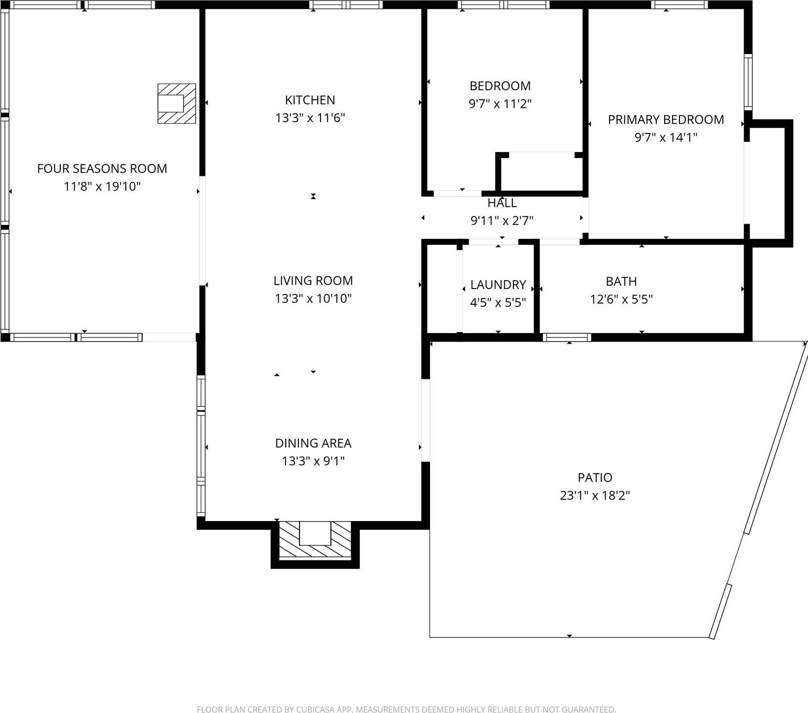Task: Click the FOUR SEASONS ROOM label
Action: (102, 169)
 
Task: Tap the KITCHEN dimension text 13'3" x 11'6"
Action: (310, 118)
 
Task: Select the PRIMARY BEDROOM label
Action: (666, 120)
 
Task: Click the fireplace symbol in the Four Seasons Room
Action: (176, 104)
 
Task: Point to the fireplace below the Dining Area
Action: (315, 540)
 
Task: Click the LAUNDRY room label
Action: (498, 285)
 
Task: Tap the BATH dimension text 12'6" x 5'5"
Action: (621, 299)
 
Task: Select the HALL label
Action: (502, 203)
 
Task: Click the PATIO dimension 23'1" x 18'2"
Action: (594, 496)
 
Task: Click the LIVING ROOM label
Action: (313, 281)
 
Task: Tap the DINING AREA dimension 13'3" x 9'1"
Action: (313, 461)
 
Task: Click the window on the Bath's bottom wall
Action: (567, 337)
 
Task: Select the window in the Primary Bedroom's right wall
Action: (748, 82)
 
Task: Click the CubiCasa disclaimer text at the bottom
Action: (405, 709)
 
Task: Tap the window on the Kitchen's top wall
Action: (346, 5)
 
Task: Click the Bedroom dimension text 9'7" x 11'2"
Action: (500, 104)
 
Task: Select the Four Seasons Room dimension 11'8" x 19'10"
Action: (102, 186)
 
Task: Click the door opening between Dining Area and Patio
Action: (426, 420)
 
